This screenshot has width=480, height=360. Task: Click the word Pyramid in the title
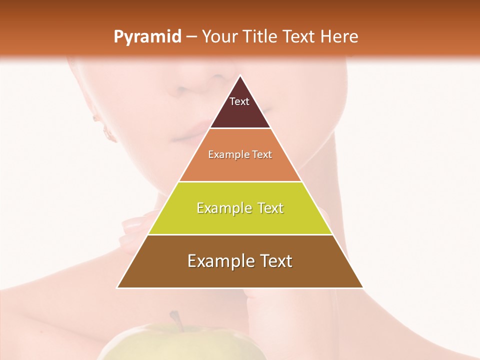[147, 37]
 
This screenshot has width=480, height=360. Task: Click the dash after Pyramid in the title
[191, 37]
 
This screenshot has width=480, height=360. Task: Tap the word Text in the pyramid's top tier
[239, 101]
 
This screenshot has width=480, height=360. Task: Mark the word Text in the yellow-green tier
[269, 208]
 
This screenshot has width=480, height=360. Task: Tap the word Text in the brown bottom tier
[274, 261]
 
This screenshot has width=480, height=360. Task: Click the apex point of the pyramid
[240, 76]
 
